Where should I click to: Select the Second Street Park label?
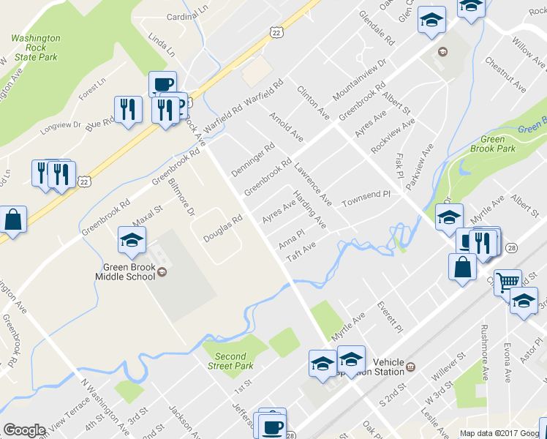tap(230, 361)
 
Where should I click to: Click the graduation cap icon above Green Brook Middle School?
tap(132, 240)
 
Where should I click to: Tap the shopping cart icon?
tap(507, 281)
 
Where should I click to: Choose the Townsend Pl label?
tap(369, 197)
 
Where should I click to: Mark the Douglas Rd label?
tap(222, 228)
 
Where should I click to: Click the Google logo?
tap(24, 430)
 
